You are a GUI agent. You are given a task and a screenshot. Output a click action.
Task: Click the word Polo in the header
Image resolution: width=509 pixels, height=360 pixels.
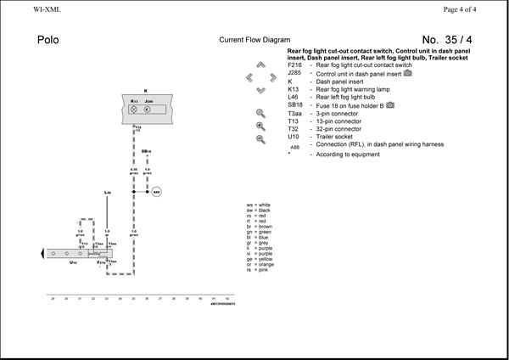pyautogui.click(x=48, y=40)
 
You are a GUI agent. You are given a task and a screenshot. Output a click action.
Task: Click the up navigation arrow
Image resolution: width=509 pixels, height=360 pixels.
pyautogui.click(x=260, y=65)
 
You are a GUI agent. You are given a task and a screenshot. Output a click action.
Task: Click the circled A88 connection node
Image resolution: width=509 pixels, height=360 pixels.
pyautogui.click(x=156, y=192)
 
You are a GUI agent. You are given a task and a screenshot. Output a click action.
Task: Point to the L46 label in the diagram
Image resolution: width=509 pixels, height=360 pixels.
pyautogui.click(x=108, y=193)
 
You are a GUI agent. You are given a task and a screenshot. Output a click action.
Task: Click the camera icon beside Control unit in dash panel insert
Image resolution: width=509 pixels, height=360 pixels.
pyautogui.click(x=407, y=73)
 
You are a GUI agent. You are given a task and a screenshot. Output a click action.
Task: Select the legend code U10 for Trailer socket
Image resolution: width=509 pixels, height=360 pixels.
pyautogui.click(x=294, y=136)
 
